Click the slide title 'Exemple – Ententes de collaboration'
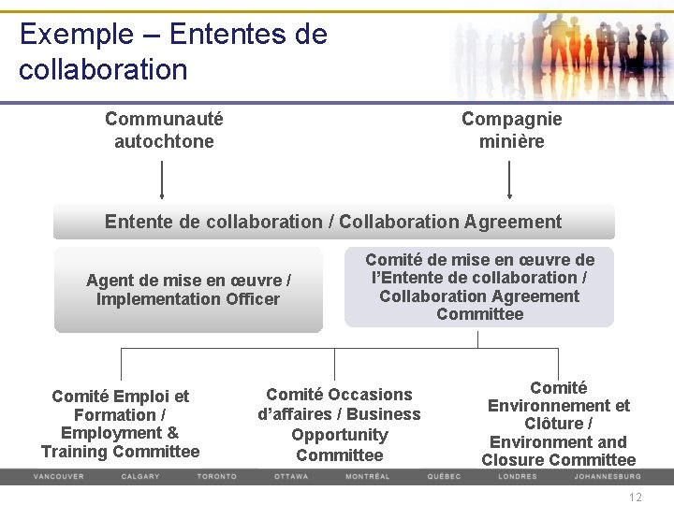[x=173, y=51]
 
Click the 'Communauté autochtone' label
[x=164, y=130]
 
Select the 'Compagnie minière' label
[x=511, y=130]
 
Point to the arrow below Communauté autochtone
[x=163, y=180]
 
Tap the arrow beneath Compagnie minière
[x=509, y=180]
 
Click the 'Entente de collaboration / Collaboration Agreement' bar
[x=333, y=222]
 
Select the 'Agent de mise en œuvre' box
[x=188, y=290]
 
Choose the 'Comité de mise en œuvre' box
[x=479, y=287]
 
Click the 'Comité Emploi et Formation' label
[x=120, y=424]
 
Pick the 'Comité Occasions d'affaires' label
[x=339, y=425]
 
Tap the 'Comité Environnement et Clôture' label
[x=558, y=424]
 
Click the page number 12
[x=636, y=498]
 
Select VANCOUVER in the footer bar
[x=58, y=476]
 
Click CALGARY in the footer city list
[x=140, y=476]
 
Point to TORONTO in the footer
[x=216, y=476]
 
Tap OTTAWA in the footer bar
[x=290, y=476]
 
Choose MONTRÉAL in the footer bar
[x=367, y=476]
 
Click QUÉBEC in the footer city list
[x=444, y=476]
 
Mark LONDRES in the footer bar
[x=517, y=476]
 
